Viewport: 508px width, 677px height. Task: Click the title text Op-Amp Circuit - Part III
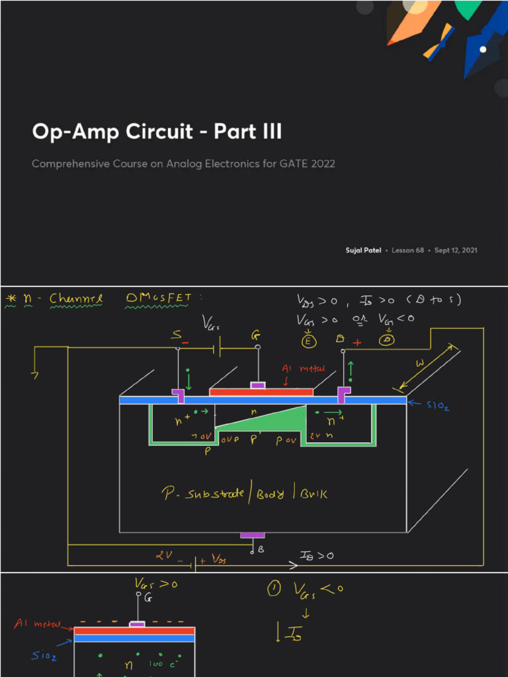click(157, 132)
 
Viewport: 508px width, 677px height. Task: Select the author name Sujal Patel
click(362, 251)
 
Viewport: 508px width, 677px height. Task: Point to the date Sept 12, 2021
click(456, 251)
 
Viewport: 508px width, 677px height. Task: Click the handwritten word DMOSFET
click(158, 299)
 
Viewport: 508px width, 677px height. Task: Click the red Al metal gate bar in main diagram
click(261, 392)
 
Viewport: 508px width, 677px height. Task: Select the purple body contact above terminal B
click(252, 535)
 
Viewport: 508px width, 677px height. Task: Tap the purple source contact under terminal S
click(179, 395)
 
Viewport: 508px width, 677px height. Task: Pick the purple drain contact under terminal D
click(343, 394)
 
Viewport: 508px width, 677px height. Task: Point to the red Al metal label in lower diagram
click(38, 624)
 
